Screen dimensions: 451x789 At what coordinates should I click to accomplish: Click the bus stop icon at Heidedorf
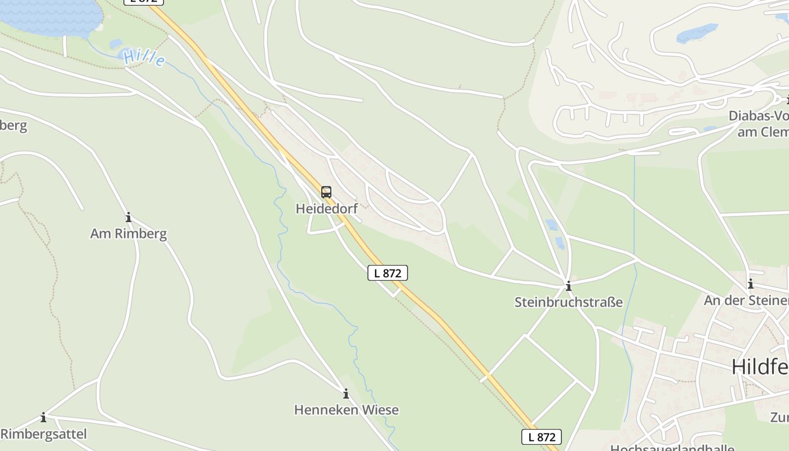click(x=326, y=192)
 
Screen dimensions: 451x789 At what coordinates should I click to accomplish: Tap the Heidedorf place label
click(x=327, y=209)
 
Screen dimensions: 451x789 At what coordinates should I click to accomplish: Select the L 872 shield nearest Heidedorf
click(x=387, y=273)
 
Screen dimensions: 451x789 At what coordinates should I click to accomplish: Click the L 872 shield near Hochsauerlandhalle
click(x=541, y=436)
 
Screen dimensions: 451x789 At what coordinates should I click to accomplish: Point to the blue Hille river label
click(x=144, y=58)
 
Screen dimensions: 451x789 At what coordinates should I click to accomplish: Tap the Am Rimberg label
click(x=128, y=233)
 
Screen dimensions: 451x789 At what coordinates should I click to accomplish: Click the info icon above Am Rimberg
click(x=128, y=217)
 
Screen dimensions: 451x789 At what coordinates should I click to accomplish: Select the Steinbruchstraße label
click(x=568, y=302)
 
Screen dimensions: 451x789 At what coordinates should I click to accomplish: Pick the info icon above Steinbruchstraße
click(x=568, y=286)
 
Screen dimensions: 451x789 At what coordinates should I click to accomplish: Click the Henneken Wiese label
click(x=346, y=410)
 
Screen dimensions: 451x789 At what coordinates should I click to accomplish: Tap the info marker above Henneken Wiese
click(x=346, y=393)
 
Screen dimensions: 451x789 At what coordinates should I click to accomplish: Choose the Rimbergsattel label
click(x=44, y=434)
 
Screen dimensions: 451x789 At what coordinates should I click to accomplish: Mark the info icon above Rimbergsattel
click(x=43, y=417)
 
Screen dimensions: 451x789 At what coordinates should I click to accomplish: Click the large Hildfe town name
click(x=760, y=367)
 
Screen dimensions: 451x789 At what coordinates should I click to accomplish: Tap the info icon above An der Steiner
click(x=750, y=284)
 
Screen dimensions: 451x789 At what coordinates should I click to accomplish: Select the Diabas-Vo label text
click(x=759, y=116)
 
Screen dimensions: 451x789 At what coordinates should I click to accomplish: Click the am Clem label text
click(x=763, y=132)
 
